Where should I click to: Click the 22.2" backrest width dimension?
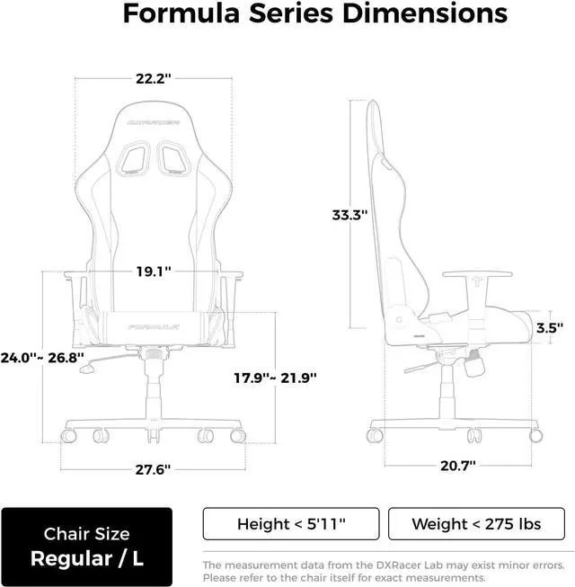tap(153, 79)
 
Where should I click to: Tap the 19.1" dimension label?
tap(154, 271)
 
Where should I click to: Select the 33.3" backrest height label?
tap(349, 215)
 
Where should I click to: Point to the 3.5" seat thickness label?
tap(549, 328)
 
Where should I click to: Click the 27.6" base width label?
tap(153, 469)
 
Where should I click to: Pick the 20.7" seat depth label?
tap(458, 466)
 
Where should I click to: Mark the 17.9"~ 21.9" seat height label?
tap(275, 378)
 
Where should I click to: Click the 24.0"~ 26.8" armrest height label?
tap(42, 358)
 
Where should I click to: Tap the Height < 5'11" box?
tap(291, 524)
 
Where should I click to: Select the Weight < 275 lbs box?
tap(476, 524)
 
